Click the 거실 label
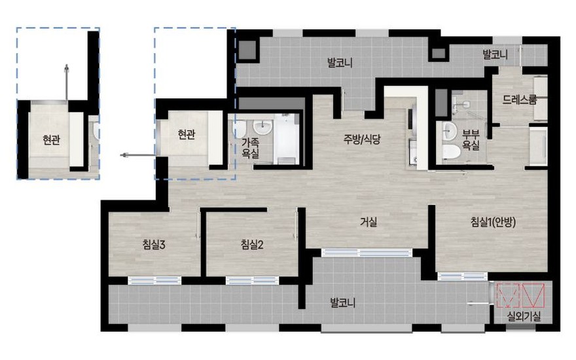pyautogui.click(x=369, y=221)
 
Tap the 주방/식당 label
pyautogui.click(x=362, y=139)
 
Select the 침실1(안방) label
pyautogui.click(x=494, y=221)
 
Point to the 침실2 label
pyautogui.click(x=252, y=244)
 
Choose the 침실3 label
pyautogui.click(x=154, y=244)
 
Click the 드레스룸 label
pyautogui.click(x=520, y=99)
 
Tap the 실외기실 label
pyautogui.click(x=524, y=316)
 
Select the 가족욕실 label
pyautogui.click(x=251, y=148)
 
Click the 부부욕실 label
pyautogui.click(x=471, y=139)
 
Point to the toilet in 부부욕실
pyautogui.click(x=451, y=151)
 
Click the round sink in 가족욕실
pyautogui.click(x=262, y=127)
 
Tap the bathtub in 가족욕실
pyautogui.click(x=286, y=139)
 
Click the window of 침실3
pyautogui.click(x=154, y=281)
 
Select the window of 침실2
pyautogui.click(x=253, y=281)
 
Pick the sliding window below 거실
pyautogui.click(x=367, y=253)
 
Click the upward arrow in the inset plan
pyautogui.click(x=67, y=82)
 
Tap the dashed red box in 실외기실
pyautogui.click(x=508, y=295)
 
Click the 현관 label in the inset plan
pyautogui.click(x=52, y=139)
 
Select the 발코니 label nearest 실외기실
pyautogui.click(x=342, y=304)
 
